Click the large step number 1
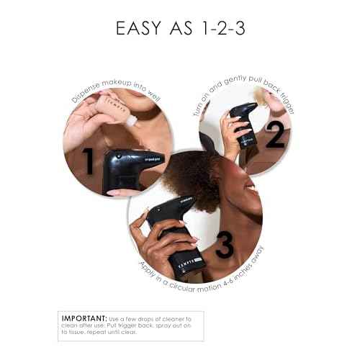click(x=88, y=161)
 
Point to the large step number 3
click(x=225, y=245)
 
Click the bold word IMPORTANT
click(x=84, y=318)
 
